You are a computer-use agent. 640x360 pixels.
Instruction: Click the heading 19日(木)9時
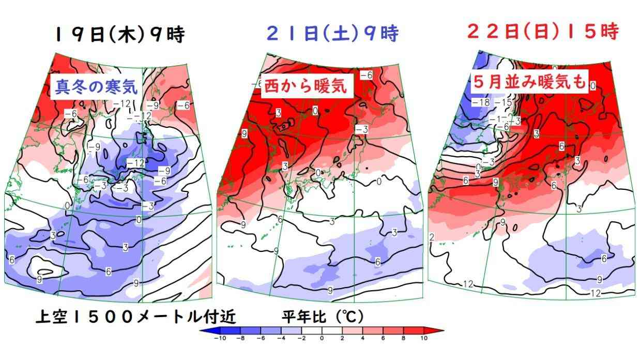[119, 36]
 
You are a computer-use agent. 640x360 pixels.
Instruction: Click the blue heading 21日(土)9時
[332, 35]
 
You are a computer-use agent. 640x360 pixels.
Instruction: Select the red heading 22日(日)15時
[542, 32]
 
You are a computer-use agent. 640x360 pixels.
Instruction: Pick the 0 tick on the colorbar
[322, 339]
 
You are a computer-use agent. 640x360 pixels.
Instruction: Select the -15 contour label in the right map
[503, 102]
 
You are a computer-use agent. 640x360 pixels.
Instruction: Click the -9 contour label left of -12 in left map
[94, 147]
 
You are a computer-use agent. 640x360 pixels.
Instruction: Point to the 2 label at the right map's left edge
[431, 237]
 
